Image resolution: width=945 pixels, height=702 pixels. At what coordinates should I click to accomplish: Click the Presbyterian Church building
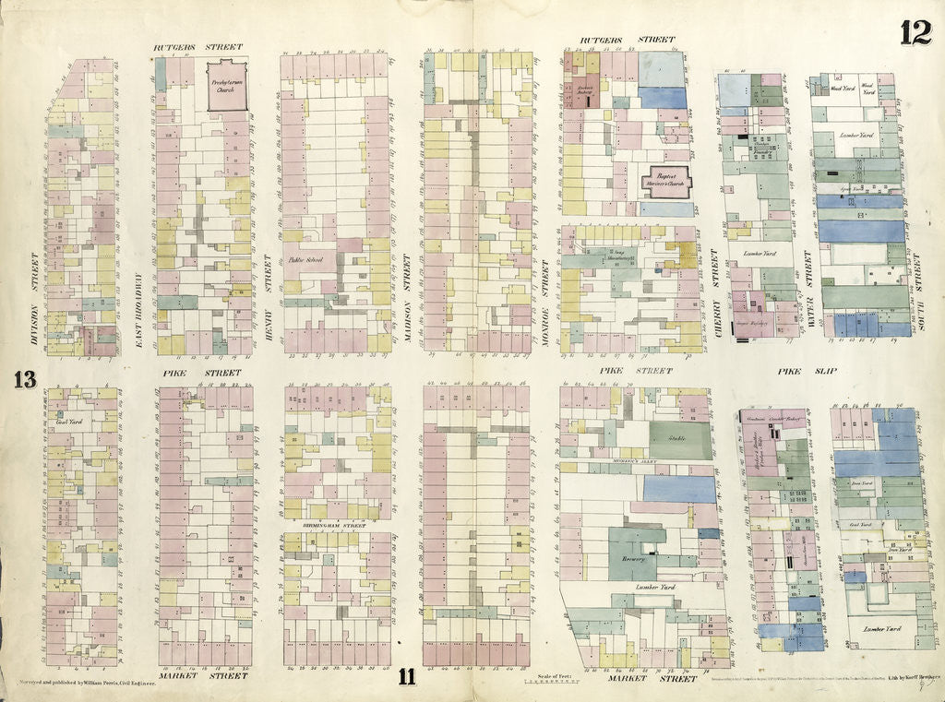[227, 87]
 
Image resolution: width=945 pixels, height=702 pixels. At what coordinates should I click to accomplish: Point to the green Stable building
[680, 440]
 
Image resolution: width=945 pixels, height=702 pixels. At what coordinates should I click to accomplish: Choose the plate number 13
[24, 379]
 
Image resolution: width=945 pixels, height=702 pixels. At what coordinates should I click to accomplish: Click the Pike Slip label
[799, 372]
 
